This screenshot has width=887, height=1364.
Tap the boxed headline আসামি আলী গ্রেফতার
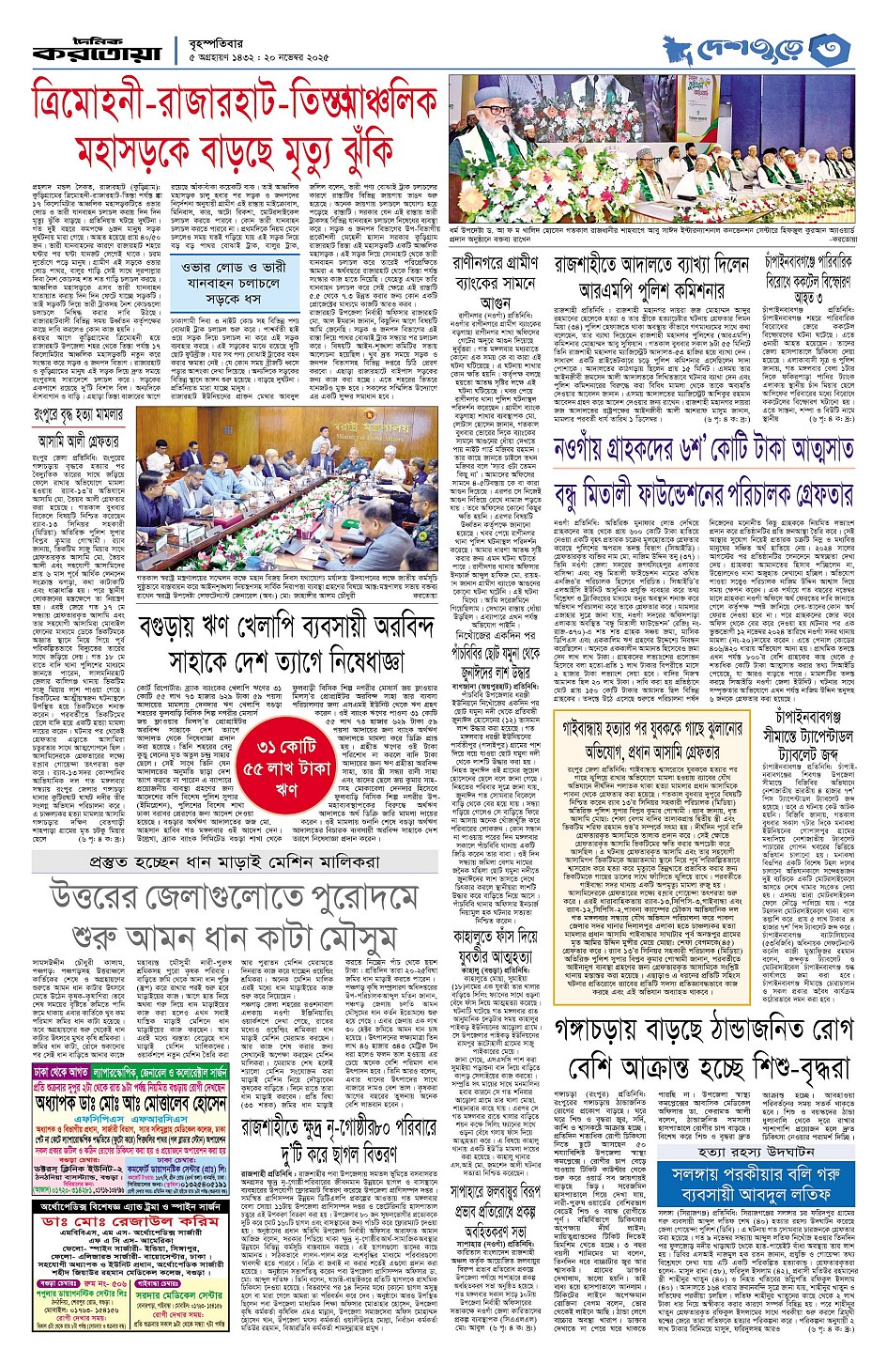point(79,440)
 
